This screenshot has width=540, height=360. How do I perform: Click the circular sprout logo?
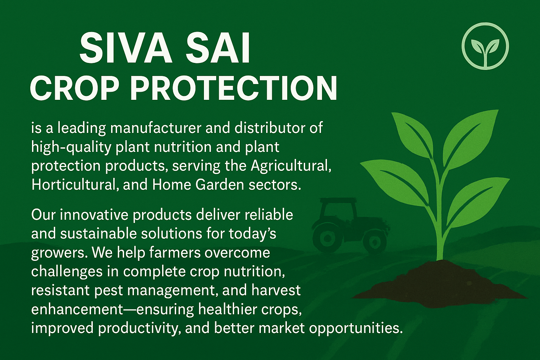[486, 45]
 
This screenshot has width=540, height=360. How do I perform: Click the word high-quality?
[71, 147]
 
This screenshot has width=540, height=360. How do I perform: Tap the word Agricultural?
[291, 166]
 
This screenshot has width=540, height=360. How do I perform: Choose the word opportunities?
[355, 328]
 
